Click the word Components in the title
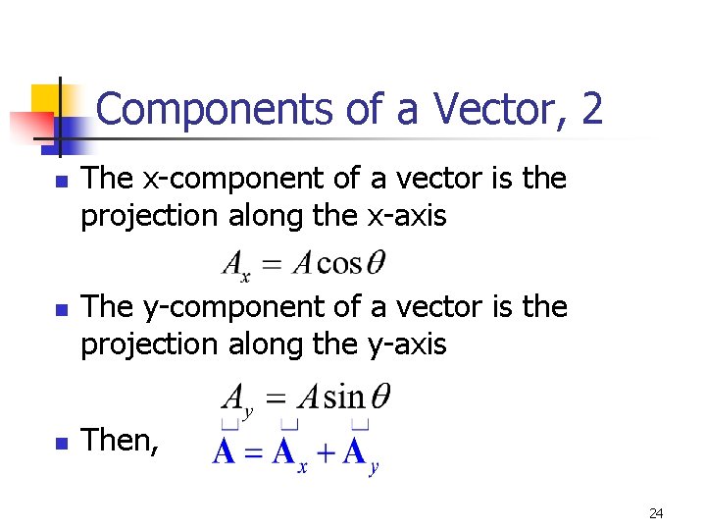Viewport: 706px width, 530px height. click(215, 109)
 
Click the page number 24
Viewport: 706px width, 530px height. click(656, 513)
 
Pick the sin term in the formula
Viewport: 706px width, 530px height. click(343, 397)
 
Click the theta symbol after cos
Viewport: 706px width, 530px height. click(376, 263)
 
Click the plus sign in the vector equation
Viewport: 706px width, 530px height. click(326, 454)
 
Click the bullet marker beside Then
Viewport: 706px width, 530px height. click(61, 443)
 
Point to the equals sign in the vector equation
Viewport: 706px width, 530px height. click(254, 454)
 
